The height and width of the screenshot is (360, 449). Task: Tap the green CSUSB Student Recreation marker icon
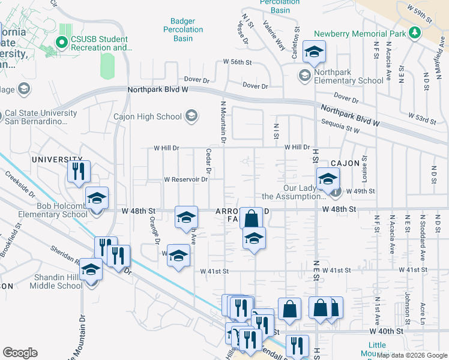coord(60,42)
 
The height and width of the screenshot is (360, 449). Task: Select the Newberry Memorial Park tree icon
coord(414,32)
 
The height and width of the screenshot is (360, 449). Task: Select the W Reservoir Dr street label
coord(185,179)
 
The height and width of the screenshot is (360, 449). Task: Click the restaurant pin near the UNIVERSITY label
coord(79,172)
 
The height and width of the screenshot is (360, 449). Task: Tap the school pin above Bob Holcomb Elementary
coord(97,199)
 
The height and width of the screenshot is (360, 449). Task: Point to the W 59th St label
coord(420,14)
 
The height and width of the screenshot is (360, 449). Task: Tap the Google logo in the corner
coord(20,353)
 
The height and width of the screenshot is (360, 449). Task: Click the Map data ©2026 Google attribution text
coord(411,355)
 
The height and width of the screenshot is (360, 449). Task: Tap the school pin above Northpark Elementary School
coord(314,52)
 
